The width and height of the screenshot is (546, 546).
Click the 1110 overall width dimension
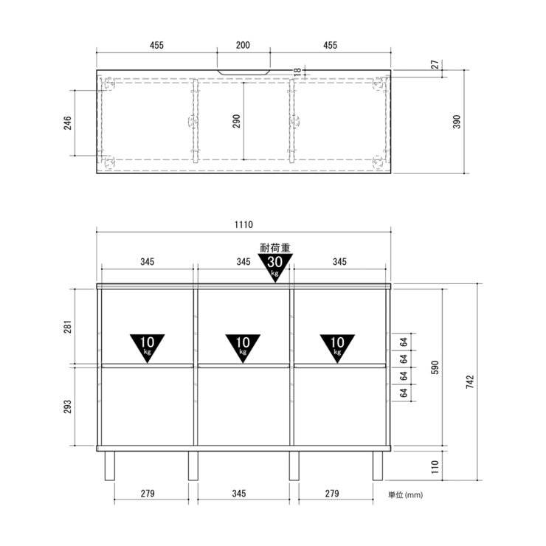[243, 224]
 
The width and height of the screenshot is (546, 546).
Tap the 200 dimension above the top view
[243, 45]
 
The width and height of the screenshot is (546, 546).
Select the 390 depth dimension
[457, 122]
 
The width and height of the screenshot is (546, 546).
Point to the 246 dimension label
[67, 123]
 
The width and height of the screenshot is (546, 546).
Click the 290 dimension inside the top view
[236, 121]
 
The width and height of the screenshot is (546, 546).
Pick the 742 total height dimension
[470, 381]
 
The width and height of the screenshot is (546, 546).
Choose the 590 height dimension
[435, 367]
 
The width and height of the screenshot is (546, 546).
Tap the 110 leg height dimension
[435, 466]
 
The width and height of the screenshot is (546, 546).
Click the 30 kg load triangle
[275, 267]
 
